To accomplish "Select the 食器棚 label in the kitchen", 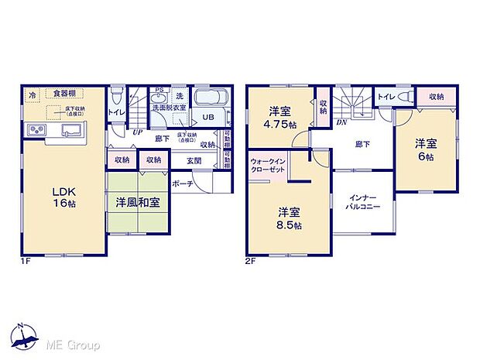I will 63,94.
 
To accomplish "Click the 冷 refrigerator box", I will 33,94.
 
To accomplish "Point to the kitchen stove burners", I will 37,129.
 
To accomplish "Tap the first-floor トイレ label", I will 115,113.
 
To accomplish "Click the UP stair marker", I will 137,132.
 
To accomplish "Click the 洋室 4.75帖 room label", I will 280,118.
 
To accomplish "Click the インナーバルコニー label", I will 362,203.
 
